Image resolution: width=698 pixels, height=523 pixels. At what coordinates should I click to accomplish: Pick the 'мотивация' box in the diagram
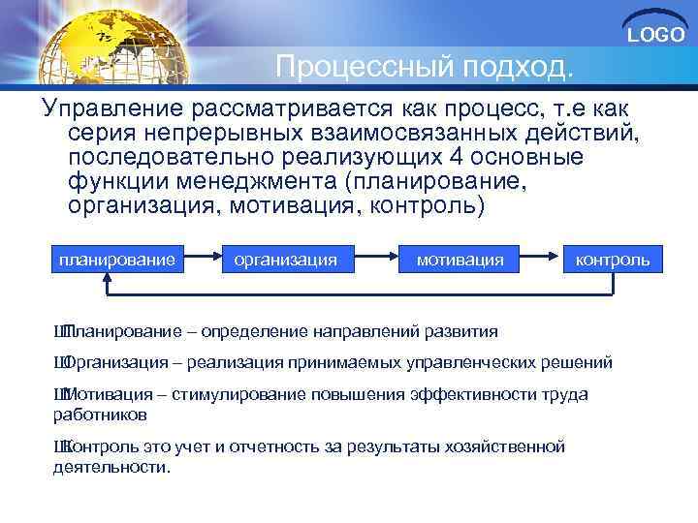(x=460, y=260)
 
